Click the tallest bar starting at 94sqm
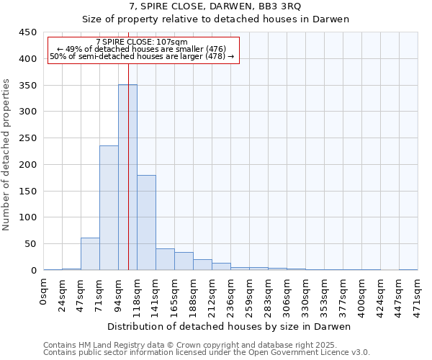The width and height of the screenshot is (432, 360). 127,177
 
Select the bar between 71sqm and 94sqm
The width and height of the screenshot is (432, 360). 109,207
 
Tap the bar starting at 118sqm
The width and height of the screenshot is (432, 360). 146,222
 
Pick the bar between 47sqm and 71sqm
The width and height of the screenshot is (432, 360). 90,253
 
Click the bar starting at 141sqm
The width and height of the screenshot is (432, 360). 165,259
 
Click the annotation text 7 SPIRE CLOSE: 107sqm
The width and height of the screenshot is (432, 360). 141,42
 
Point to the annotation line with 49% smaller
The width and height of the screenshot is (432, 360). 141,49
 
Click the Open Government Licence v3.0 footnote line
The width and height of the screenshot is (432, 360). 207,353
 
